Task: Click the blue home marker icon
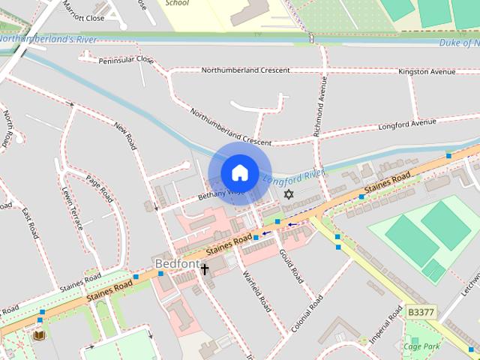coord(239,173)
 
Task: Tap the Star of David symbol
coord(289,194)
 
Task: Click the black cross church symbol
coord(204,268)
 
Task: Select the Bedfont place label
coord(177,264)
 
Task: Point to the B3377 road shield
coord(421,311)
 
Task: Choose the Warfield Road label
coord(256,291)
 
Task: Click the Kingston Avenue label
coord(427,72)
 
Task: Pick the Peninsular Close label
coord(126,59)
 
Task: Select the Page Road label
coord(99,188)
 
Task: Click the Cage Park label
coord(421,346)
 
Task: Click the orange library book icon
coord(39,334)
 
